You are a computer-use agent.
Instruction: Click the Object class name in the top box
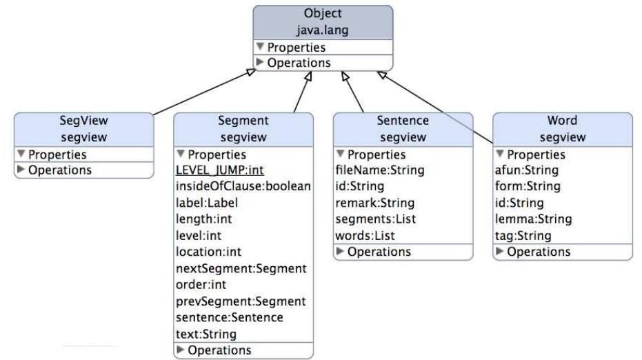point(323,14)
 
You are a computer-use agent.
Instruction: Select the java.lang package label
point(323,30)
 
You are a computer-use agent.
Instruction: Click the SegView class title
point(84,120)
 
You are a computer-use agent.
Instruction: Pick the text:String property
point(207,334)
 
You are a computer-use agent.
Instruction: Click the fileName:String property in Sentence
point(380,170)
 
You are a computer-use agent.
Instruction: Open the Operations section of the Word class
point(539,252)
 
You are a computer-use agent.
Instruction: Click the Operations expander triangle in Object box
point(260,63)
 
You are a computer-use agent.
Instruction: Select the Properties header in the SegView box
point(57,154)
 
